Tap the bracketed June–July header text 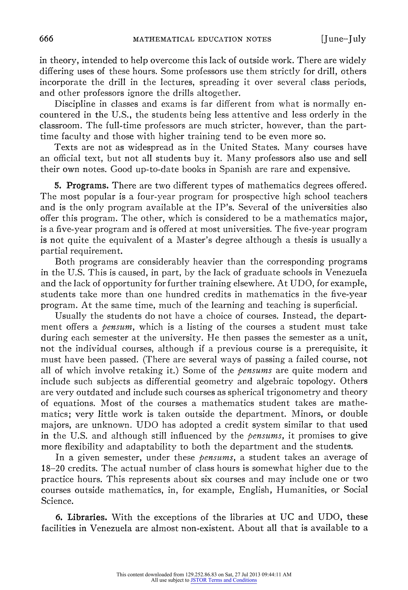(343, 39)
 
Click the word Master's (196, 240)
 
